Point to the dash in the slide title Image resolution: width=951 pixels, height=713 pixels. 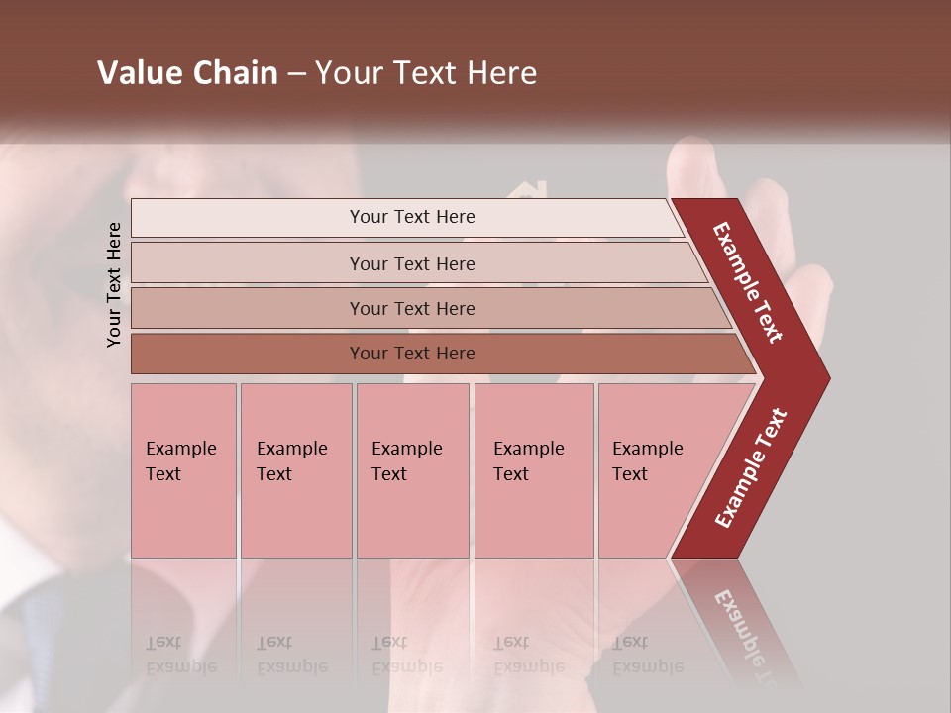(x=296, y=74)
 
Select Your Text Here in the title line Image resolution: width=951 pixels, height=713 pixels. (x=426, y=73)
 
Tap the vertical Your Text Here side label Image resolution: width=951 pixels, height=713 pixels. (x=114, y=284)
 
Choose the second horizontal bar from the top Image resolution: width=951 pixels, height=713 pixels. (x=411, y=263)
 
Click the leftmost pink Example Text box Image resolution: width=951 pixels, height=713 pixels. (x=183, y=469)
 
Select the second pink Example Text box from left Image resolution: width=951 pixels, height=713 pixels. (x=296, y=469)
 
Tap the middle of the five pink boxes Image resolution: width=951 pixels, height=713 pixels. (x=412, y=469)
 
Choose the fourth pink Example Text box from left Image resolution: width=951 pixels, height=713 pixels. (x=534, y=469)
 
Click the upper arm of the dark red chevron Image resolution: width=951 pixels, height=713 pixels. (x=748, y=282)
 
